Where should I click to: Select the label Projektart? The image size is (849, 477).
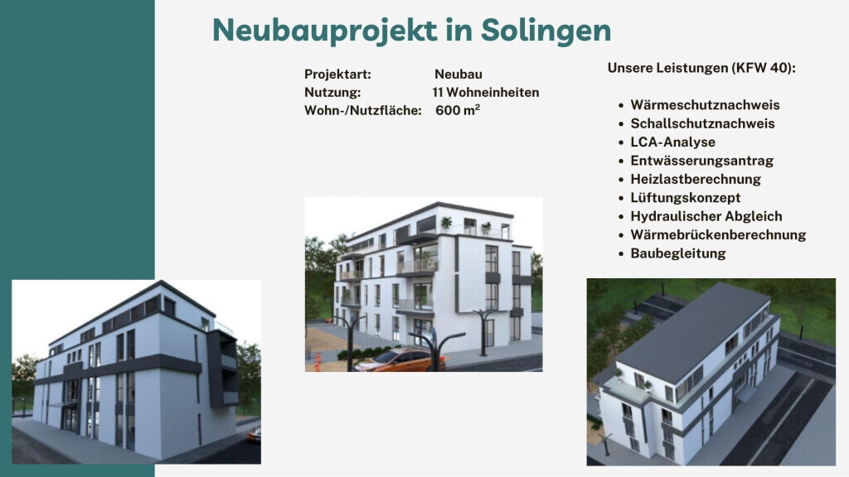pyautogui.click(x=337, y=75)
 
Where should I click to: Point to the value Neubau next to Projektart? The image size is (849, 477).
pyautogui.click(x=458, y=75)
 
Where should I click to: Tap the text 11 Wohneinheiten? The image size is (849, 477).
pyautogui.click(x=485, y=93)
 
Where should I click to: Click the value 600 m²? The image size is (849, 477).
pyautogui.click(x=457, y=110)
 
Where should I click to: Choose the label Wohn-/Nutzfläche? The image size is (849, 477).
pyautogui.click(x=363, y=110)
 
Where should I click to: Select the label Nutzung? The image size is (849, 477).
pyautogui.click(x=332, y=93)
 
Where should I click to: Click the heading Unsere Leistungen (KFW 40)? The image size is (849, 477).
pyautogui.click(x=701, y=68)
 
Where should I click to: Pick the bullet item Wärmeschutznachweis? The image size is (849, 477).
pyautogui.click(x=705, y=105)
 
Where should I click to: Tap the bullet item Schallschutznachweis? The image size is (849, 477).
pyautogui.click(x=702, y=123)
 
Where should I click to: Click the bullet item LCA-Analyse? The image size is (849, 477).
pyautogui.click(x=672, y=142)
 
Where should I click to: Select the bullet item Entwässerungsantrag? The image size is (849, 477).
pyautogui.click(x=701, y=161)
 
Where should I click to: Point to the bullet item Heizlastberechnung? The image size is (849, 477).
pyautogui.click(x=695, y=179)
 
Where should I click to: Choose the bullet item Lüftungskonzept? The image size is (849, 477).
pyautogui.click(x=685, y=198)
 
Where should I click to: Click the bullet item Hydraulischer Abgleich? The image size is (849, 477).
pyautogui.click(x=706, y=216)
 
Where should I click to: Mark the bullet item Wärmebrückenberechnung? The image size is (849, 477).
pyautogui.click(x=717, y=234)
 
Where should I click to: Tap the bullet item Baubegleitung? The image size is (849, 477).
pyautogui.click(x=677, y=253)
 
